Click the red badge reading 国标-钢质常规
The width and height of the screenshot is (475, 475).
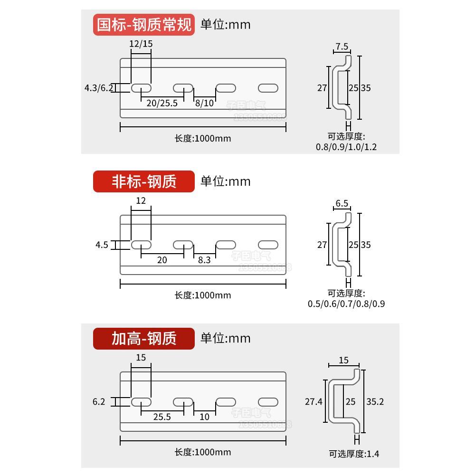[144, 25]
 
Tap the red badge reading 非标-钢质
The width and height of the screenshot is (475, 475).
[144, 181]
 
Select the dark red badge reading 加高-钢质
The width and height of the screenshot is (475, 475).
[144, 339]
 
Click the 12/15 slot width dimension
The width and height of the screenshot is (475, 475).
[141, 44]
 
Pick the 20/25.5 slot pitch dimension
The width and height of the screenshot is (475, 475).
[161, 103]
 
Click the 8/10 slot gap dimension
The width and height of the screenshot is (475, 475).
[204, 103]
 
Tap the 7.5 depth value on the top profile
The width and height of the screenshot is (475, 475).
[342, 47]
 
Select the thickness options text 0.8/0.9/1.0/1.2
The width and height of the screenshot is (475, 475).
[346, 147]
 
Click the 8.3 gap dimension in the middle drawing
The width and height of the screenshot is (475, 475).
[204, 260]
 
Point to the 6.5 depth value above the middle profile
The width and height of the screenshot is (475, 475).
[342, 203]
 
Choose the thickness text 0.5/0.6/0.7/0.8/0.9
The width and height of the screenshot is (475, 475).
[346, 304]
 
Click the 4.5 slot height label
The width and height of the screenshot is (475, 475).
[102, 245]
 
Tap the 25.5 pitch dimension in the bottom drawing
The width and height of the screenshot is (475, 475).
[162, 417]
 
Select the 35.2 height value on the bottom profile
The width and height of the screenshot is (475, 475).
[375, 401]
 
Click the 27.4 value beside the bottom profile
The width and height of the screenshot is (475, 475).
[313, 401]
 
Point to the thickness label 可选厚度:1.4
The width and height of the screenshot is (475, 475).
[354, 454]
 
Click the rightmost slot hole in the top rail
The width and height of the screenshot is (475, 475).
[268, 88]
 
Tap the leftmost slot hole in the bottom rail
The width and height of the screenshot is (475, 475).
[141, 402]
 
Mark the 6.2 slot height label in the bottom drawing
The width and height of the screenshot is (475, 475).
[99, 402]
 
